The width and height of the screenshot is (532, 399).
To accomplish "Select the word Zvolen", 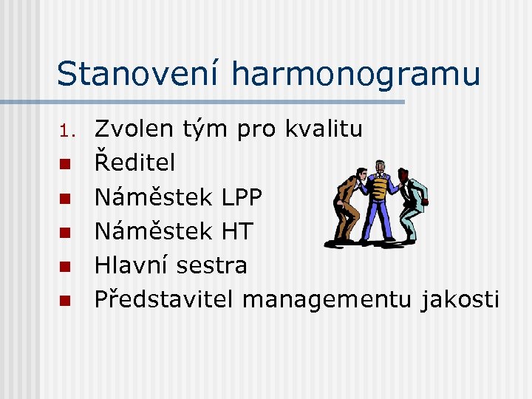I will tap(134, 129).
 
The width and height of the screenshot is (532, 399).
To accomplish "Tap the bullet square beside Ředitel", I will tap(64, 164).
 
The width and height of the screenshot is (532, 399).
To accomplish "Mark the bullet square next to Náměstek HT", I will tap(64, 233).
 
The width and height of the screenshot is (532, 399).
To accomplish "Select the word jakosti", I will tap(461, 300).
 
